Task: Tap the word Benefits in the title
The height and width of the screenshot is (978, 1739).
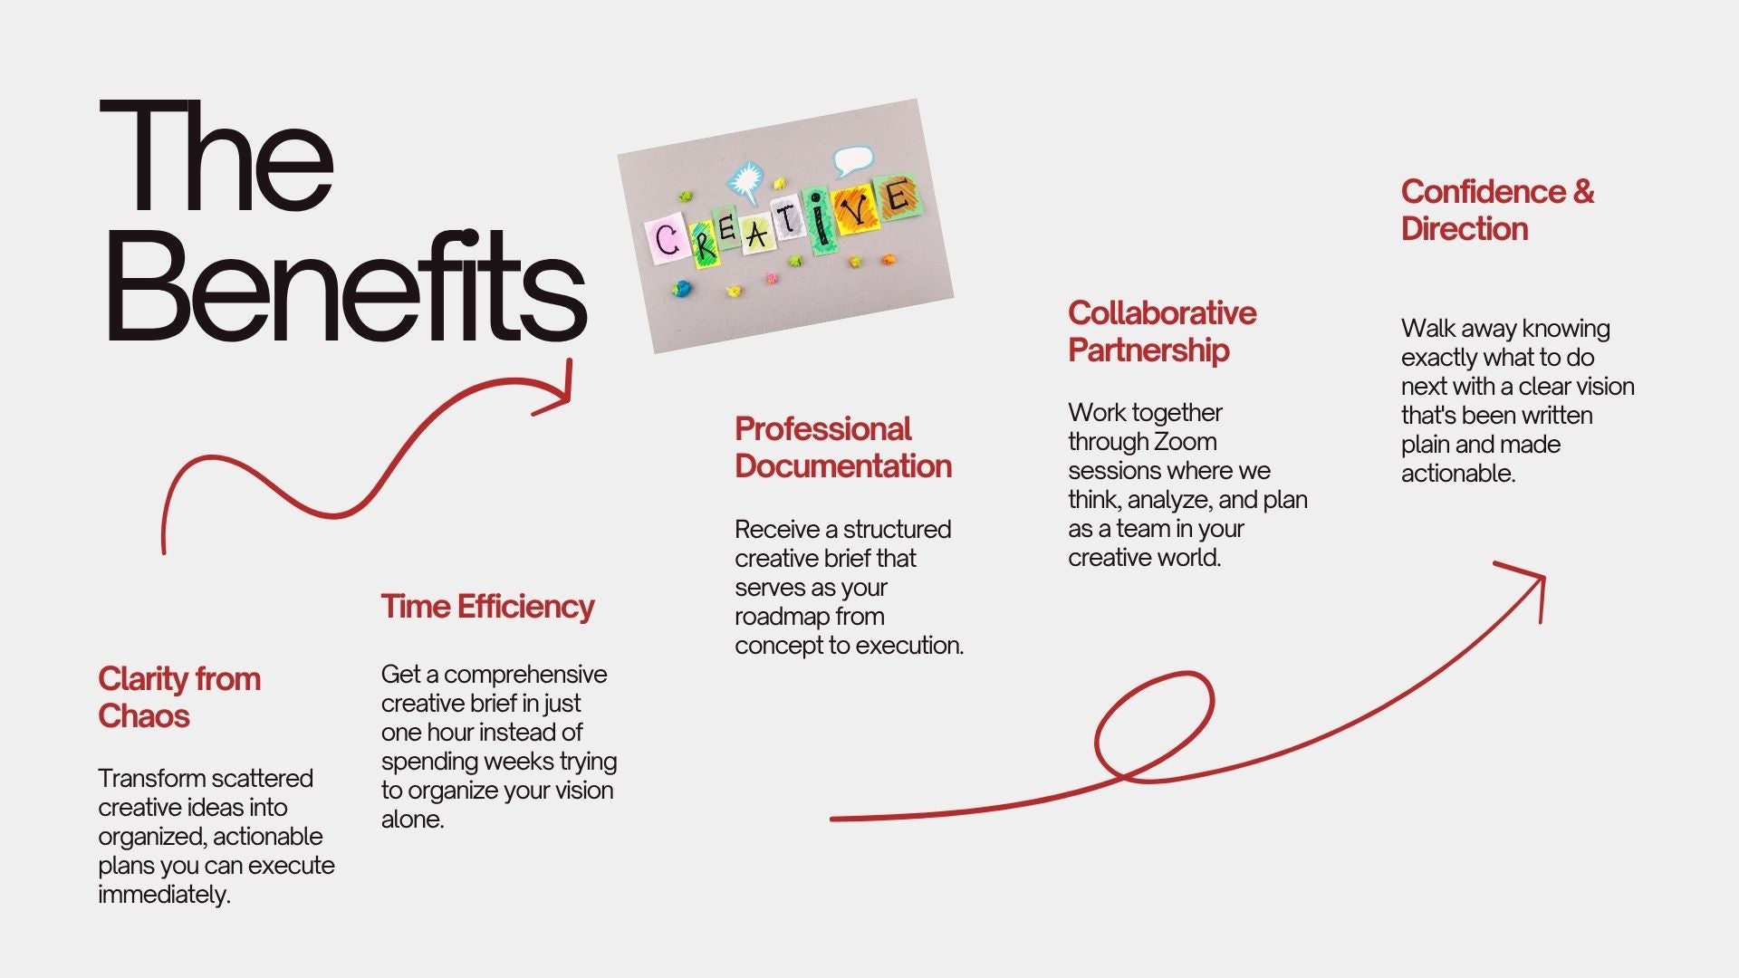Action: coord(347,285)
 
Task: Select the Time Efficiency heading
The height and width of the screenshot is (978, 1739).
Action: coord(487,607)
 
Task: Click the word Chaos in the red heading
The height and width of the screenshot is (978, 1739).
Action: coord(144,716)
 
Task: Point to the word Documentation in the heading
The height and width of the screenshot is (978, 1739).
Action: coord(843,466)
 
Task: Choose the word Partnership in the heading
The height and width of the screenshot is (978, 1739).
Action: coord(1148,350)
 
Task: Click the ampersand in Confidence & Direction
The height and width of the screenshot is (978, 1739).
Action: coord(1583,192)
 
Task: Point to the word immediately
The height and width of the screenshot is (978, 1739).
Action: coord(164,895)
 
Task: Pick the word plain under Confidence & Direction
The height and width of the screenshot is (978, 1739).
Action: coord(1425,445)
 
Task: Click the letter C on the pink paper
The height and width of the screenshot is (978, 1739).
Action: coord(668,240)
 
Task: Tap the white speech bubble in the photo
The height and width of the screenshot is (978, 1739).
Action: coord(851,161)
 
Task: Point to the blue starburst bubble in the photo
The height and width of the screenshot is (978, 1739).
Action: coord(746,181)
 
